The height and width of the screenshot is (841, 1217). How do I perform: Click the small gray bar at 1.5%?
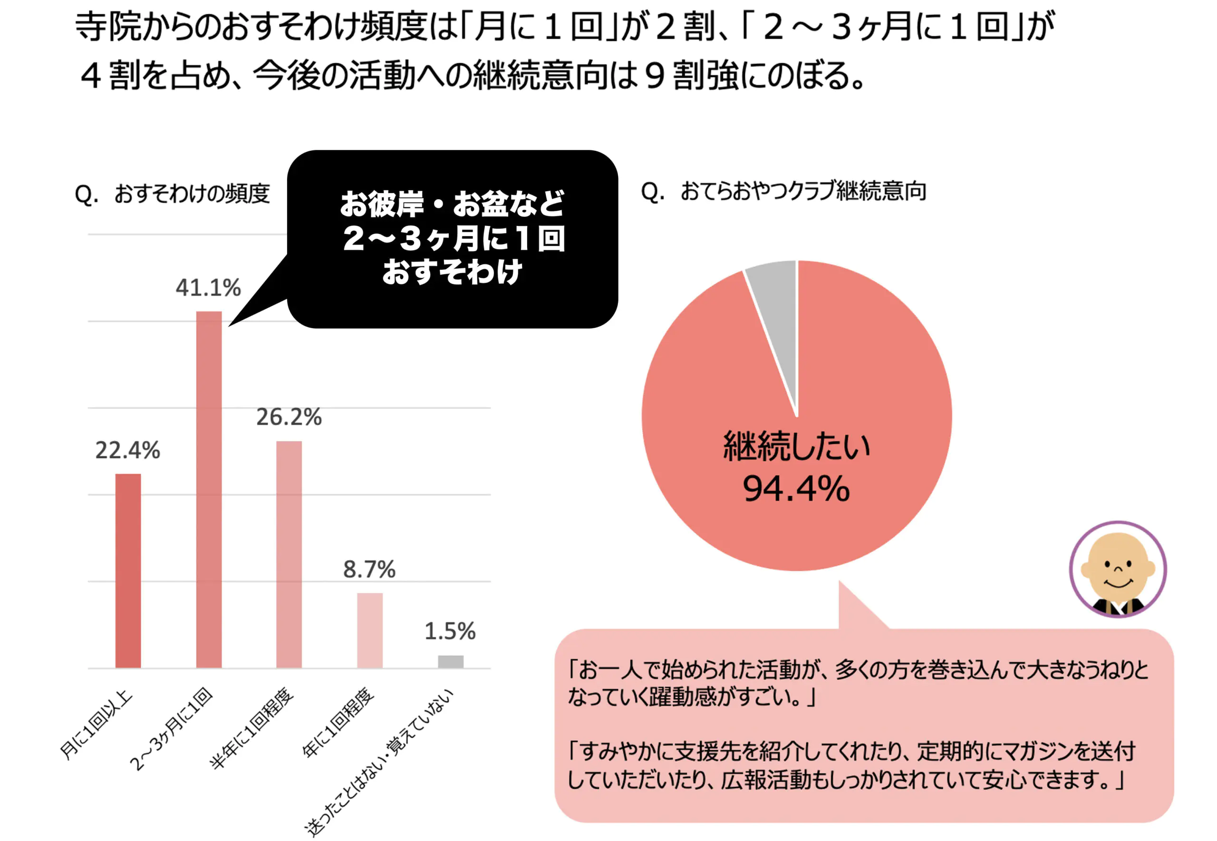pyautogui.click(x=450, y=661)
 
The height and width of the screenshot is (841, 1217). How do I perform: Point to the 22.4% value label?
pyautogui.click(x=127, y=450)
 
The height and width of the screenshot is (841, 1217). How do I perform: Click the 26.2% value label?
pyautogui.click(x=289, y=417)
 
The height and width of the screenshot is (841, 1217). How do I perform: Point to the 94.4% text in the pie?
pyautogui.click(x=796, y=489)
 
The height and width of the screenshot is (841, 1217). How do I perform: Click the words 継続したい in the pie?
pyautogui.click(x=796, y=446)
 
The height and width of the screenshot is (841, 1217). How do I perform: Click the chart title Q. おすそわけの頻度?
pyautogui.click(x=172, y=194)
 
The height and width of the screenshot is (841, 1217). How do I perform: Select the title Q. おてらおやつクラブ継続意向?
pyautogui.click(x=783, y=191)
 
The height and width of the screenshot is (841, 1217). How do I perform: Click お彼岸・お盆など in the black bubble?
pyautogui.click(x=452, y=204)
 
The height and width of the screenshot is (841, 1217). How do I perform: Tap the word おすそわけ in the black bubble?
pyautogui.click(x=452, y=272)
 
